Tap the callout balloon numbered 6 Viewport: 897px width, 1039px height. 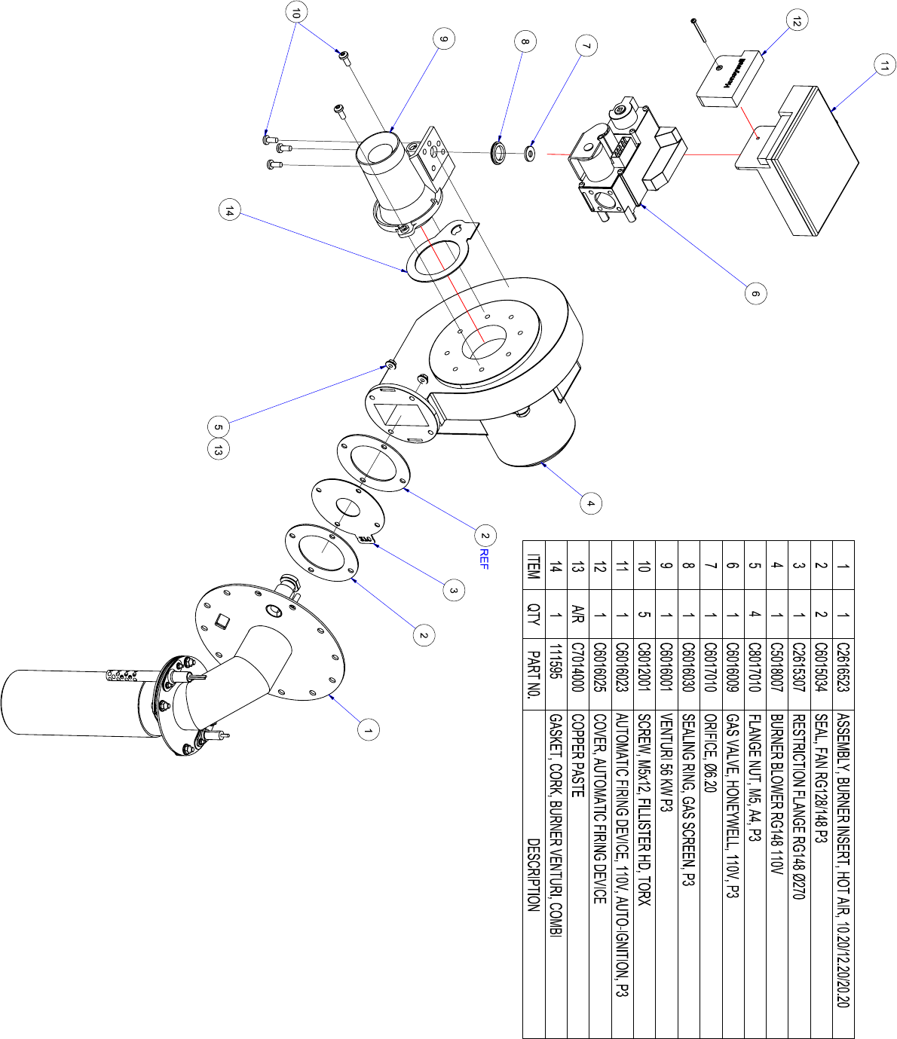tap(756, 293)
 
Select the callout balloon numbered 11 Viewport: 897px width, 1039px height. tap(884, 65)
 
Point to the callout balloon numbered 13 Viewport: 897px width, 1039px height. tap(218, 450)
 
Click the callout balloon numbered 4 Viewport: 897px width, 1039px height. tap(591, 503)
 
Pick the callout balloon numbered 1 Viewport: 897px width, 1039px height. tap(369, 730)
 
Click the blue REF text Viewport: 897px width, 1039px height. tap(484, 559)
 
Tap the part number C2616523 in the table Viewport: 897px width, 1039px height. tap(843, 667)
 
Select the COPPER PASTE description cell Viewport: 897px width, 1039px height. tap(577, 756)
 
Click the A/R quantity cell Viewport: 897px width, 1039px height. tap(577, 614)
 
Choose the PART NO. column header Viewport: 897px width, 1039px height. tap(534, 674)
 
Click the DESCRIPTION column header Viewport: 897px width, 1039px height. tap(534, 876)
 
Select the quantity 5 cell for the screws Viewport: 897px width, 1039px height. tap(644, 614)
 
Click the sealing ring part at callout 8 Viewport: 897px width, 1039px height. tap(497, 153)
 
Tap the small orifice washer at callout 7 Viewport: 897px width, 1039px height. tap(529, 153)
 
